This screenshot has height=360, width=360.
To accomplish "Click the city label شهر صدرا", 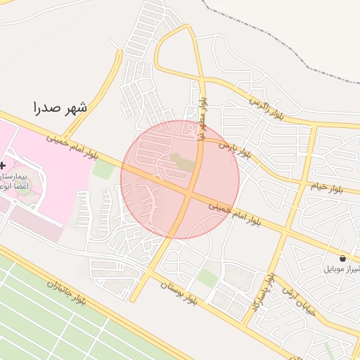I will (x=60, y=107).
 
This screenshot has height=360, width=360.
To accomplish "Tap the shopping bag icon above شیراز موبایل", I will (x=342, y=258).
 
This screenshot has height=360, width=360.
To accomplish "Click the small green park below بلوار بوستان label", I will (x=207, y=278).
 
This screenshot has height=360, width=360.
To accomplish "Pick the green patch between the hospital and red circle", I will (x=103, y=169).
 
